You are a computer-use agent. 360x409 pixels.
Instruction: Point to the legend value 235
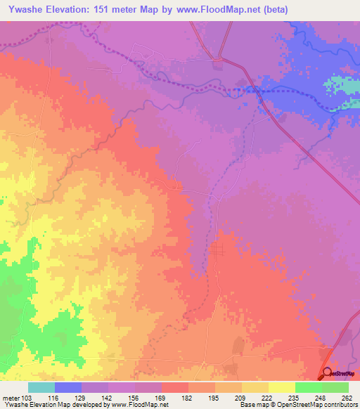[296, 398]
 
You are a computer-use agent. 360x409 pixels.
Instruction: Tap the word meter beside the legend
[11, 398]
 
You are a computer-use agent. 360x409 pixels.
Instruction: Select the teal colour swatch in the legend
[41, 387]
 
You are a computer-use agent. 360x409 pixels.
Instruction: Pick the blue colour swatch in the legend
[67, 387]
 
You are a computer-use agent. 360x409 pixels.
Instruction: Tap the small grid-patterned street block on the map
[217, 249]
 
